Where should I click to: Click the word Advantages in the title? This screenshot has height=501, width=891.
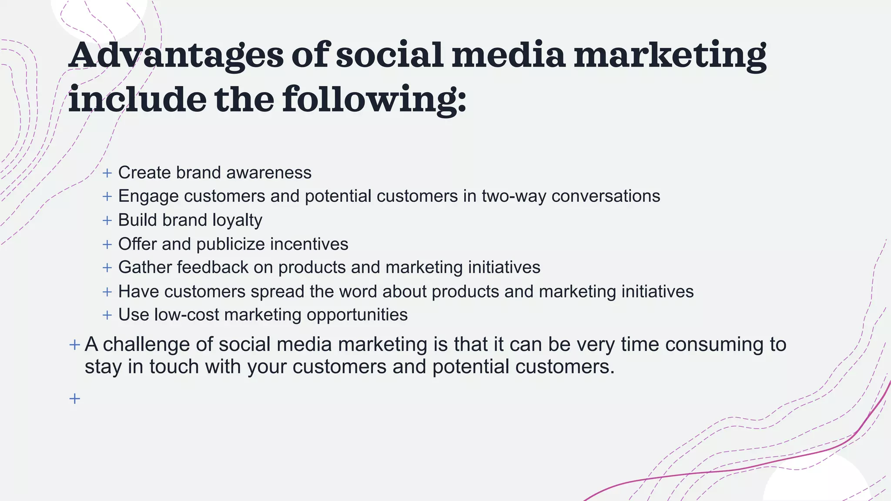click(176, 56)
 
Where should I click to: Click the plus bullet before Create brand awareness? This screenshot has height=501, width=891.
click(107, 173)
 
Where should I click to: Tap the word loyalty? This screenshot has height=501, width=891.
click(237, 220)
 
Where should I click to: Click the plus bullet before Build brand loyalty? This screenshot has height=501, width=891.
click(107, 220)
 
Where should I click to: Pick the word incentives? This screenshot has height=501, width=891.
click(309, 244)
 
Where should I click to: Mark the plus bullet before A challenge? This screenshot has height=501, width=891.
click(74, 345)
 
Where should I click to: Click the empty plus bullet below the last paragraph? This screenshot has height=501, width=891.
click(74, 398)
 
